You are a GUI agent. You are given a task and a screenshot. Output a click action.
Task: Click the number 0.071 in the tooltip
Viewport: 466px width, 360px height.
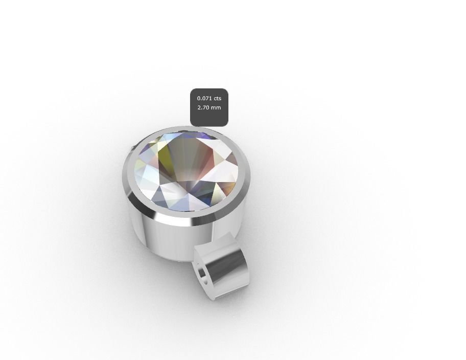point(204,98)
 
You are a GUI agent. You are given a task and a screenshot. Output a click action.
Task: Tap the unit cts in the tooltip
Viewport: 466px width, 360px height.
point(218,98)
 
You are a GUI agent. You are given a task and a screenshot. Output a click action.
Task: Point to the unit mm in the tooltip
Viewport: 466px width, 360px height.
point(217,107)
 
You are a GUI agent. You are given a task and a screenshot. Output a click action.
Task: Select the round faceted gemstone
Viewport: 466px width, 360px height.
point(186,170)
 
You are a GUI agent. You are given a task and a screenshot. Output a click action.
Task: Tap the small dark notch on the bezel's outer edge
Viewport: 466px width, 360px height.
point(134,148)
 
